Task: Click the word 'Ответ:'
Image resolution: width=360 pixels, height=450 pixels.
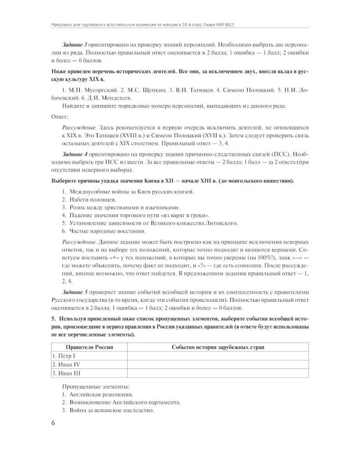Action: click(60, 118)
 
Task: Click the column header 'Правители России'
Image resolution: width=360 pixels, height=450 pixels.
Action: click(89, 347)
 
